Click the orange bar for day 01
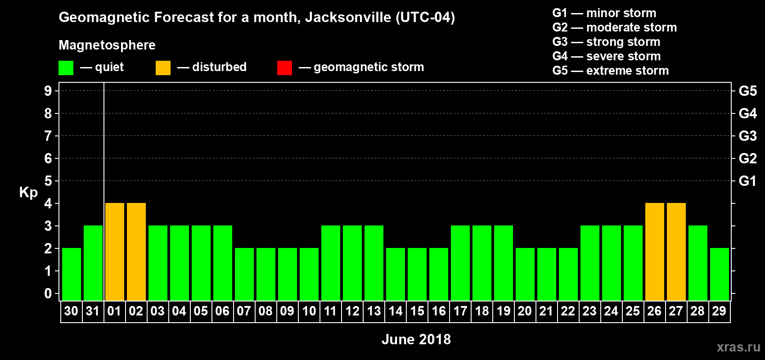(x=115, y=252)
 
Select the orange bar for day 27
(x=676, y=252)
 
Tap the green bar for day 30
(x=72, y=274)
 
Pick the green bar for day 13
(x=374, y=263)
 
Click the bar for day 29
(x=720, y=274)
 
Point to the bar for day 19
(x=504, y=263)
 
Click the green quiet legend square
(x=66, y=68)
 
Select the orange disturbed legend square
(x=163, y=68)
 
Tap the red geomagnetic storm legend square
(x=284, y=68)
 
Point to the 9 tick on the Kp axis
(x=48, y=91)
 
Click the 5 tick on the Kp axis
(x=48, y=181)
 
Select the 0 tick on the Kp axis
(x=48, y=293)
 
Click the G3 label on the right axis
(x=747, y=136)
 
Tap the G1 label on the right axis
(x=747, y=181)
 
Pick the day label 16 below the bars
(x=439, y=311)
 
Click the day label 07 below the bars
(x=244, y=311)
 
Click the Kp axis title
(x=28, y=193)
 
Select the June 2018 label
(x=416, y=339)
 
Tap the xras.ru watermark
(x=738, y=347)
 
